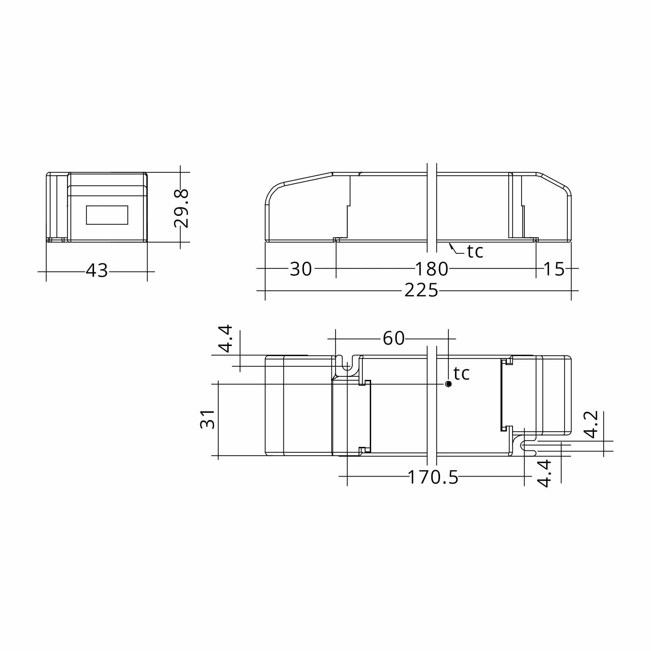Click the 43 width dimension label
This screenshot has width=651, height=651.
click(97, 270)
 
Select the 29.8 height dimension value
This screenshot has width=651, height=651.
click(181, 208)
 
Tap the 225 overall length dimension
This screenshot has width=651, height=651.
click(421, 290)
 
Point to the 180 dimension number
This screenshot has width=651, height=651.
click(432, 269)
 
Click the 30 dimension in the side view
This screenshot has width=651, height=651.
click(301, 269)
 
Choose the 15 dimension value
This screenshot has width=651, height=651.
click(554, 269)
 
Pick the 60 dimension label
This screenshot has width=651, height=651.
click(394, 338)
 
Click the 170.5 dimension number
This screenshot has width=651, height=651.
click(433, 478)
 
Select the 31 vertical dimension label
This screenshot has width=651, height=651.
click(208, 419)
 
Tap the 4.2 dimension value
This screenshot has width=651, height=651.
click(591, 424)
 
